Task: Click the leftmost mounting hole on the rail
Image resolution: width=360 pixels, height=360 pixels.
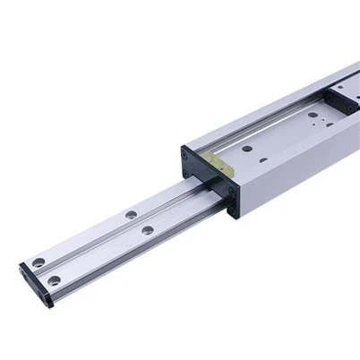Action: coord(39,262)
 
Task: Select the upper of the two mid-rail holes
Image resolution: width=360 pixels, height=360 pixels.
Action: coord(131,214)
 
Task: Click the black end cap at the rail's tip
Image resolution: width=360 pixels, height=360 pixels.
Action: coord(36,285)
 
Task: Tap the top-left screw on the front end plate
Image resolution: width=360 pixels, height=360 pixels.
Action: coord(185,154)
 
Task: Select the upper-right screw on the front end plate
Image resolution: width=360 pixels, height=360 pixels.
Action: coord(227,184)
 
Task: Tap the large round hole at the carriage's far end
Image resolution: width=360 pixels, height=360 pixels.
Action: coord(313,114)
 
